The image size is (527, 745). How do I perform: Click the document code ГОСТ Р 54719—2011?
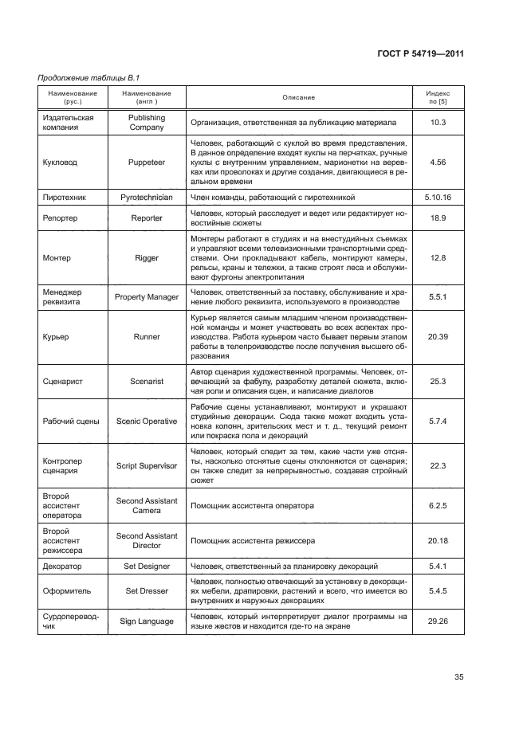419,54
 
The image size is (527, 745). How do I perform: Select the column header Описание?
298,98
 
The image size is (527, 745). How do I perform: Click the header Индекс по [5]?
438,98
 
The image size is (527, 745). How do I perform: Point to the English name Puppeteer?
147,162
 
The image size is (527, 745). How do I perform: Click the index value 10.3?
438,122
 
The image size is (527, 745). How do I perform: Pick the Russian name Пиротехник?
63,196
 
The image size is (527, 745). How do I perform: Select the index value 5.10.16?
438,196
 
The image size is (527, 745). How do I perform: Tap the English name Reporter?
147,218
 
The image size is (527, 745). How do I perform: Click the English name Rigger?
147,257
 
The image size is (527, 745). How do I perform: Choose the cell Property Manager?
147,296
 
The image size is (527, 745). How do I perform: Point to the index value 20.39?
438,337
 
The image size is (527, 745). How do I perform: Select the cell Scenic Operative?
147,421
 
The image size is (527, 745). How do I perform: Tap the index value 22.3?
438,465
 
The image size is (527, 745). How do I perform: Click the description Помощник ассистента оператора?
252,505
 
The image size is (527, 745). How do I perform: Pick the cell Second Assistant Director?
147,540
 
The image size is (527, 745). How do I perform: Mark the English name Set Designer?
147,567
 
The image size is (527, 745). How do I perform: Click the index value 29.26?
438,621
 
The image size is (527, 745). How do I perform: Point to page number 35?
458,677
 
